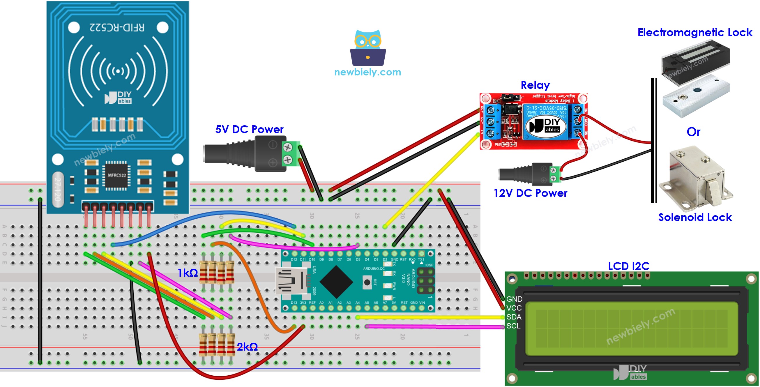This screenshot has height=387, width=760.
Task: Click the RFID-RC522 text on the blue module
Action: (117, 28)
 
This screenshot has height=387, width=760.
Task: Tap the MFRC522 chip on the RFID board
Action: (116, 175)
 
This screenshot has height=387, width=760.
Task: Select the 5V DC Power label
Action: (249, 129)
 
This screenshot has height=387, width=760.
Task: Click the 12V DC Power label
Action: (530, 193)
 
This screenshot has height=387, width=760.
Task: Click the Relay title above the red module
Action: (535, 85)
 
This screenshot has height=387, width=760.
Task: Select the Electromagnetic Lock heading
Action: (695, 32)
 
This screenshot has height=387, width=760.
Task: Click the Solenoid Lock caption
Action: (695, 218)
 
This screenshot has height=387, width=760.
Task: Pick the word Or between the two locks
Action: (693, 132)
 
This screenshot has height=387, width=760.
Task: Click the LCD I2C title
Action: (628, 266)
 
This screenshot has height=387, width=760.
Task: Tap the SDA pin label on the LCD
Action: (514, 317)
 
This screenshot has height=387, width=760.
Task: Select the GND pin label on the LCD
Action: (514, 299)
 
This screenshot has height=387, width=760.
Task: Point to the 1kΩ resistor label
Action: (188, 273)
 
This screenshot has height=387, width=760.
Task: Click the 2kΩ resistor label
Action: (247, 347)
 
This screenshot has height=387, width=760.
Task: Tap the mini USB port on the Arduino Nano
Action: (291, 281)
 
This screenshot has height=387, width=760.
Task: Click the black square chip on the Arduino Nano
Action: (336, 282)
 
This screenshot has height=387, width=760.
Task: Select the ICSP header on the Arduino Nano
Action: (425, 281)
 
